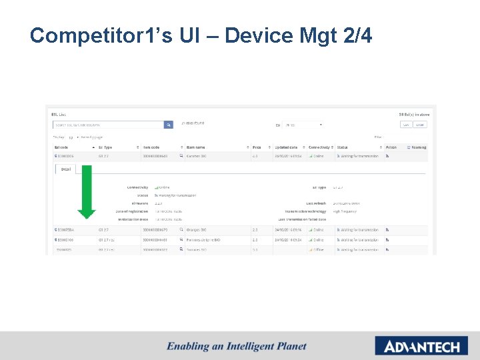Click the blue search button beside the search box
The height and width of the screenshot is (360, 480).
click(169, 124)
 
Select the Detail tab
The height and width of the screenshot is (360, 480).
click(66, 169)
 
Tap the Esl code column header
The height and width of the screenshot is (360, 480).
click(62, 147)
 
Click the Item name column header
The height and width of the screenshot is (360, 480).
click(197, 147)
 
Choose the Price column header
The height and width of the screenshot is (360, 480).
click(257, 147)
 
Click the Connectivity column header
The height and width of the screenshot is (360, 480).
click(319, 147)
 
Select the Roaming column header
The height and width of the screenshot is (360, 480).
click(419, 147)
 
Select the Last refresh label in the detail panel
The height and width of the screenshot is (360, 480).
click(316, 203)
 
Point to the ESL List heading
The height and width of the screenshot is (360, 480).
click(59, 115)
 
